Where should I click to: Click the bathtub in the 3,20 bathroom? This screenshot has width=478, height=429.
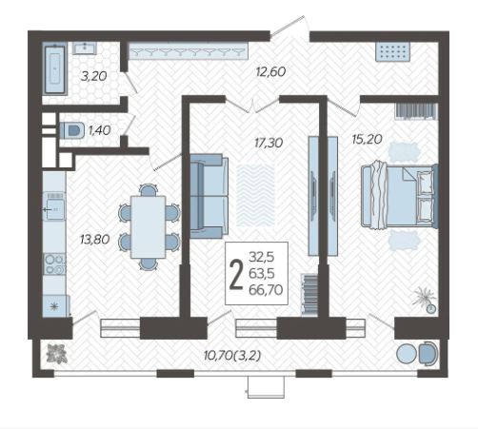55,69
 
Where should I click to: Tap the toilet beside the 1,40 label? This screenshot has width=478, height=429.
72,130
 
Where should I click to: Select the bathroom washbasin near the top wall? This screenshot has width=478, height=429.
85,48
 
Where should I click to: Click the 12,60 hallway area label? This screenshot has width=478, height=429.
270,71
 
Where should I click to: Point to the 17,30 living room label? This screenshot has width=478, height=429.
269,143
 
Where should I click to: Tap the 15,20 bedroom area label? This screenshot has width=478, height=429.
367,139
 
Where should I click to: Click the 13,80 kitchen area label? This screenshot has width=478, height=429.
95,239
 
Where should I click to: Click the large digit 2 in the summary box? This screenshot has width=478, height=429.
235,274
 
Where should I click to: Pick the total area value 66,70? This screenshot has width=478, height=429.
266,290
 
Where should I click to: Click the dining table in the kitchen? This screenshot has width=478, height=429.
148,226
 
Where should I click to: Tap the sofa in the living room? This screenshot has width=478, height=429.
209,196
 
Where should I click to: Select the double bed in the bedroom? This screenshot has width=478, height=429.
400,195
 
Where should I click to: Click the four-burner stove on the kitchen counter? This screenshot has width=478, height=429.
54,263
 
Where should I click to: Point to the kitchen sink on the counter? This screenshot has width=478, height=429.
54,205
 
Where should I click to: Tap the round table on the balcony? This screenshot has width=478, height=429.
407,354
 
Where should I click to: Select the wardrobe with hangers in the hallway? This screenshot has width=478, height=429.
188,50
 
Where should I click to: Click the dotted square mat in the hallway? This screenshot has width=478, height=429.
393,51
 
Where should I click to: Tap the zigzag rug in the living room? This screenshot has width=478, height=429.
256,195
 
